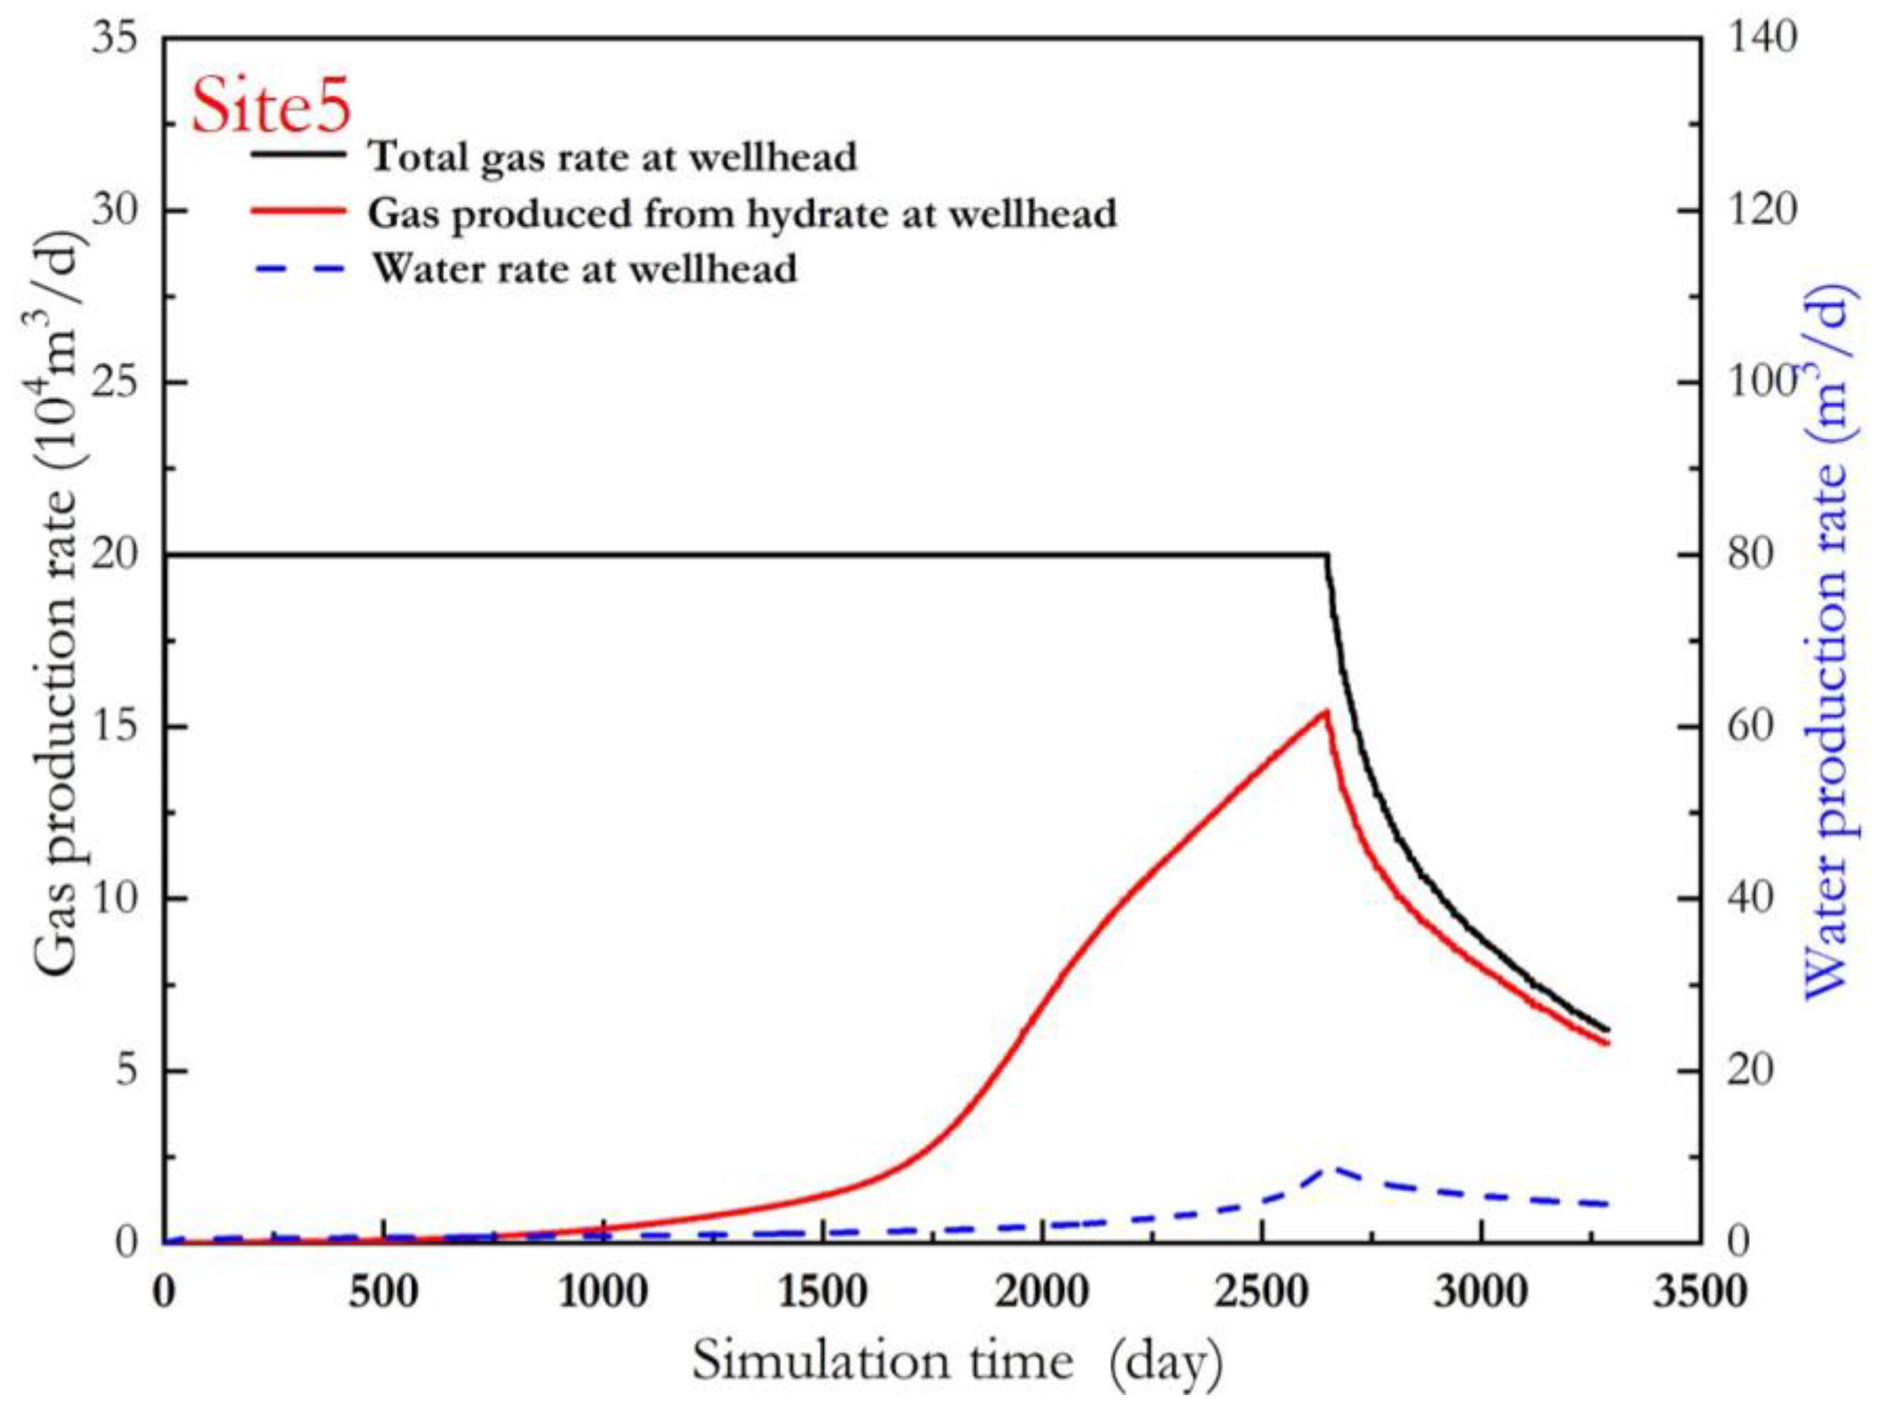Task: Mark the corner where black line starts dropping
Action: [1326, 555]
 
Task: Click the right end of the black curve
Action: [1608, 1029]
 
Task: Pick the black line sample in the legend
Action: [298, 154]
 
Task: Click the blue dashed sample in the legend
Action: [298, 269]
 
